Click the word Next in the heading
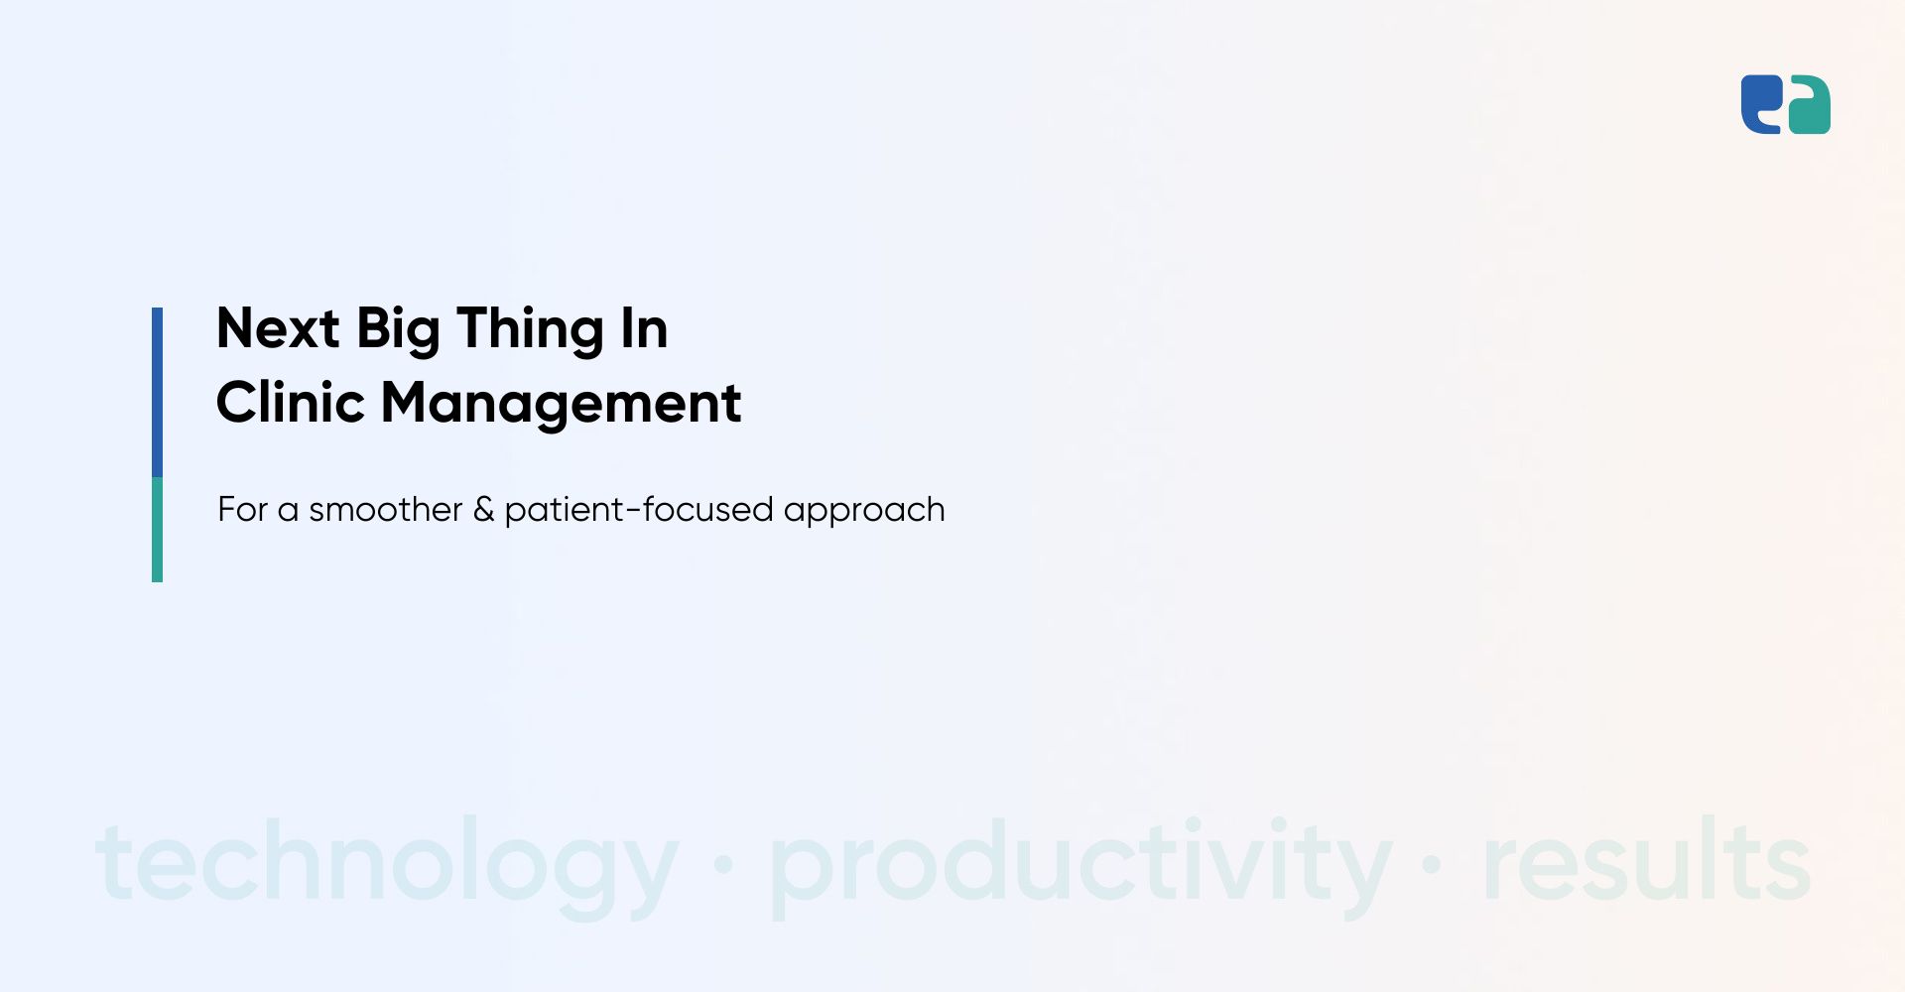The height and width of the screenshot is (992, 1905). coord(278,328)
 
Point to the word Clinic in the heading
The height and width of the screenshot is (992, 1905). coord(291,403)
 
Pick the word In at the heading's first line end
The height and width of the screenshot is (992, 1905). coord(644,328)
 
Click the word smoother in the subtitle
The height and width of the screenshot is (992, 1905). coord(385,510)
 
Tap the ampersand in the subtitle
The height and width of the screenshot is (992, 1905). coord(483,510)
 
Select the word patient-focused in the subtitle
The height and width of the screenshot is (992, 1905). coord(639,510)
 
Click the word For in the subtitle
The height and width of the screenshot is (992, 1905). coord(243,510)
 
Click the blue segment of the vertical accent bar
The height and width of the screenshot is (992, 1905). coord(157,392)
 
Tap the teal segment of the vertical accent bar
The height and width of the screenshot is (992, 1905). coord(157,530)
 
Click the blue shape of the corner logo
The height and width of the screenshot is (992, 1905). coord(1761,104)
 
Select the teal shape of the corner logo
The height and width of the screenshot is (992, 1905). coord(1809,105)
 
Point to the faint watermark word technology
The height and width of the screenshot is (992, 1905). coord(387,863)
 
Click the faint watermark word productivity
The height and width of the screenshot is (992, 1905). coord(1081,863)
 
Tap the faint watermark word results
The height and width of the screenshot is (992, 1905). coord(1647,859)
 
